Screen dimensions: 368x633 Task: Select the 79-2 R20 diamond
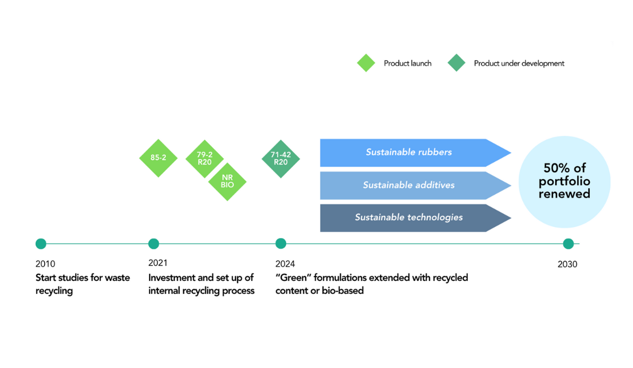205,158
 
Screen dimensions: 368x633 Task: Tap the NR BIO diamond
227,182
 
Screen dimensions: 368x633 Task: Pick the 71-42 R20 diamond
280,159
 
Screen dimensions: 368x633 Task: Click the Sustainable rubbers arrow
409,153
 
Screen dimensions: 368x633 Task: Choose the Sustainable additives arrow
409,185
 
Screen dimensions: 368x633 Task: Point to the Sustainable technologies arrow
409,218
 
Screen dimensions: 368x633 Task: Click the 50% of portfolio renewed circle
564,181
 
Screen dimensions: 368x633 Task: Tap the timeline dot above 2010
41,244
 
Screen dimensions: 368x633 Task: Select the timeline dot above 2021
153,244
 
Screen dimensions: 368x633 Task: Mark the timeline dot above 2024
280,244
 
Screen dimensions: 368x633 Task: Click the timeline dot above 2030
568,244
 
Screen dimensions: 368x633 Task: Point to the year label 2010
45,264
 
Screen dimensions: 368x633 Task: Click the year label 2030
567,264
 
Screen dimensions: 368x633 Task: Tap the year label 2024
285,264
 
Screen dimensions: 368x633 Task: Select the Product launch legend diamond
366,63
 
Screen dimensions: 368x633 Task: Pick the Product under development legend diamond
456,63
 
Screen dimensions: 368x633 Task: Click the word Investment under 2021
170,278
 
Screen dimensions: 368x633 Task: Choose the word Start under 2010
46,278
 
